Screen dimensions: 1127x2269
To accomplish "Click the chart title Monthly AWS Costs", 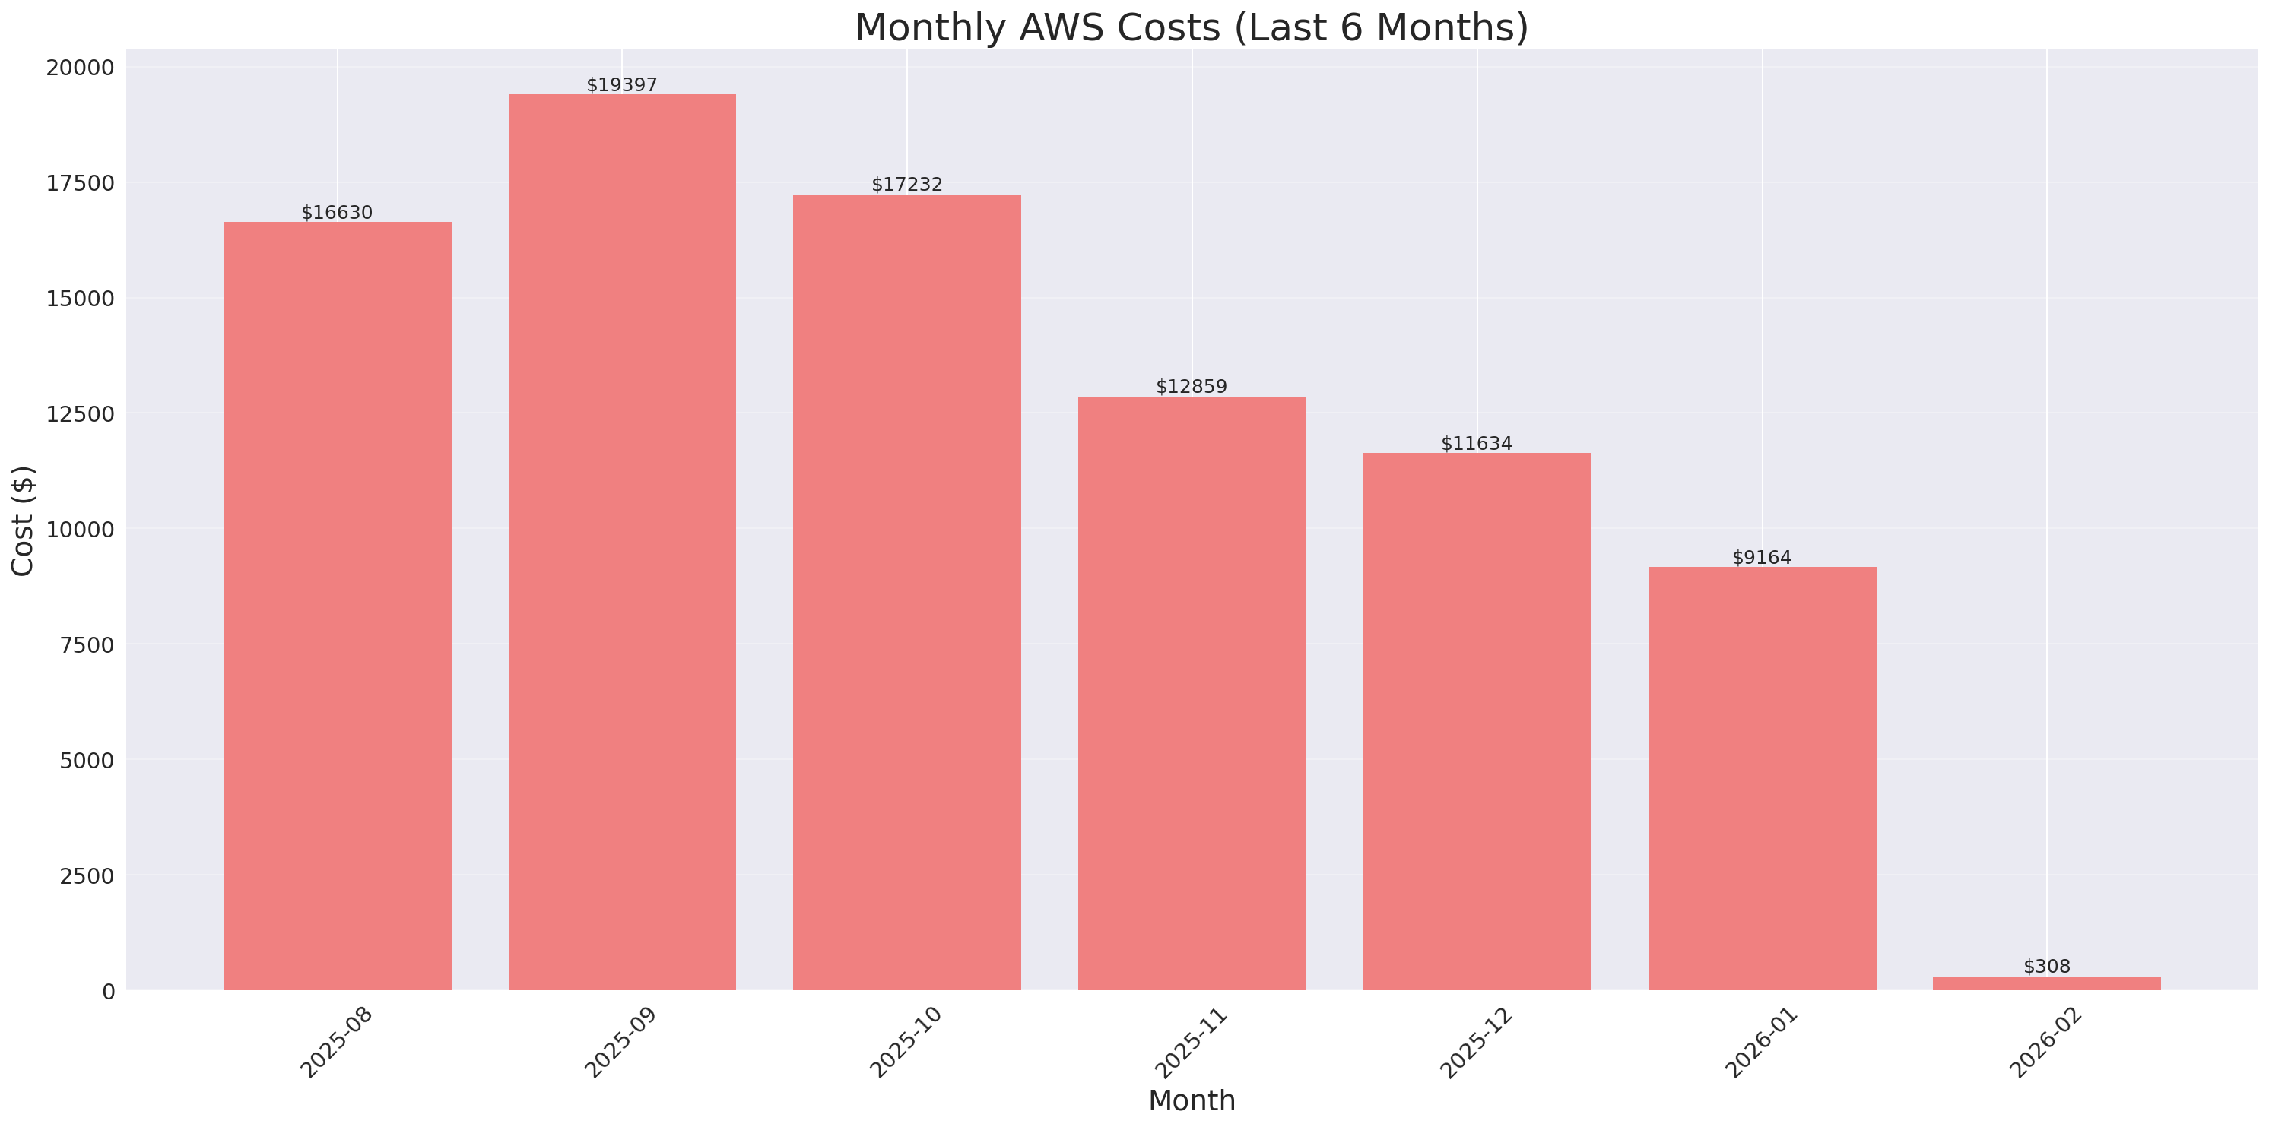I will (1191, 27).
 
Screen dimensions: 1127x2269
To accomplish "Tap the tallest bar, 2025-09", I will (622, 542).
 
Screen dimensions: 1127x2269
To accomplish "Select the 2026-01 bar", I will (1762, 778).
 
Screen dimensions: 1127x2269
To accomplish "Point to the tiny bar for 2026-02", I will (2046, 983).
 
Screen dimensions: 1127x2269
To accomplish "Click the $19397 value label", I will (622, 84).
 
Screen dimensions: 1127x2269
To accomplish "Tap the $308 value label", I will (2046, 966).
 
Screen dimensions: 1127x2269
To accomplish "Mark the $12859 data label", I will (1192, 387).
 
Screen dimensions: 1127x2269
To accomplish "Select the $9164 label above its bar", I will (1762, 557).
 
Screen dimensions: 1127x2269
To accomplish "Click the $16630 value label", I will (338, 212).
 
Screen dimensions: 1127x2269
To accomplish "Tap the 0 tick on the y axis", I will (108, 992).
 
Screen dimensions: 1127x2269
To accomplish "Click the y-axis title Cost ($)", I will (23, 521).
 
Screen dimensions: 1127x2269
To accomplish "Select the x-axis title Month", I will (1191, 1100).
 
